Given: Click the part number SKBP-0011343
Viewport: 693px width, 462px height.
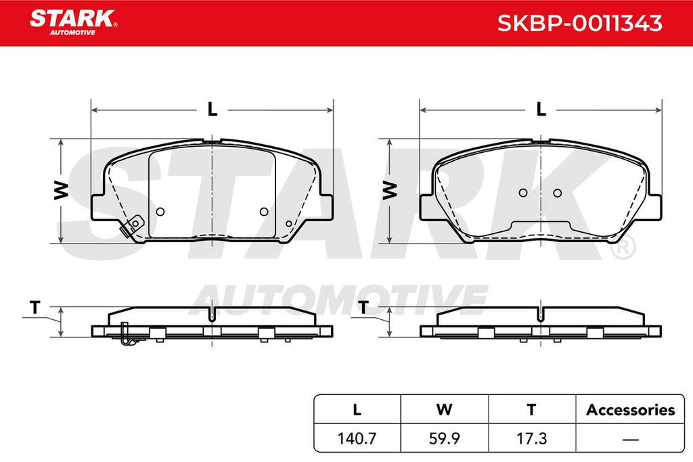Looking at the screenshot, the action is coord(579,23).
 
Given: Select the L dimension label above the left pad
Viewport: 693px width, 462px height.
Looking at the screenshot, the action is coord(213,109).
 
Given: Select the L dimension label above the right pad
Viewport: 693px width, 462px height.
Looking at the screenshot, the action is coord(541,109).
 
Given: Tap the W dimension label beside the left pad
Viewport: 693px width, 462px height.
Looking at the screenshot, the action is coord(62,190).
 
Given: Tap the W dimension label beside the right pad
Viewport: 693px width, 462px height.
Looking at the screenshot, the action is coord(390,190).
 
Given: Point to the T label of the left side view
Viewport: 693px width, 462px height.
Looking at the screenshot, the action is coord(35,306).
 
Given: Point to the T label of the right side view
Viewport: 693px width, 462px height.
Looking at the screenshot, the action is coord(363,306).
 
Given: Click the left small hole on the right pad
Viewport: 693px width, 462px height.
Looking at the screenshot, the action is coord(523,193).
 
